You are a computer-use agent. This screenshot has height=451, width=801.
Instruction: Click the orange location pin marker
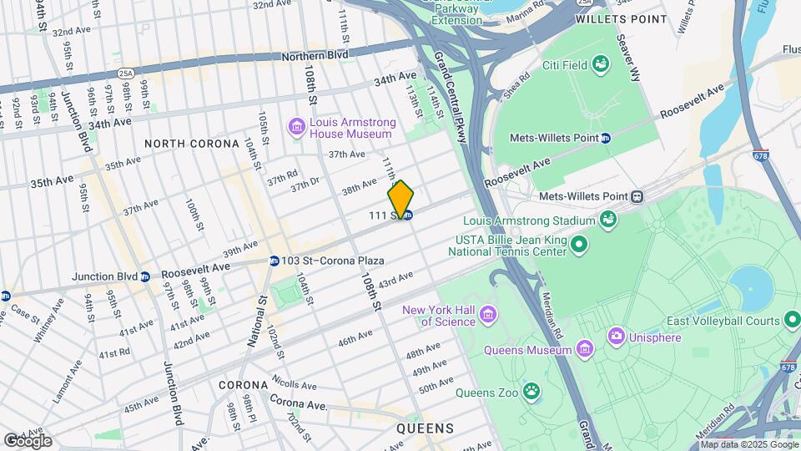click(x=400, y=199)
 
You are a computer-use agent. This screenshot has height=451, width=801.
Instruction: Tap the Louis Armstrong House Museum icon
click(x=296, y=127)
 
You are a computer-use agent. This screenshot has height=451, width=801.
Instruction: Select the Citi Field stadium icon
click(x=601, y=64)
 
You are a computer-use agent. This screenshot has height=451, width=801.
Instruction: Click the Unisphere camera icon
click(x=617, y=337)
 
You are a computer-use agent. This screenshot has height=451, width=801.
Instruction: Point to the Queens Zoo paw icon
click(x=531, y=391)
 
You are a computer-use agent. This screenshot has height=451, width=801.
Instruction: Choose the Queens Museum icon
click(x=584, y=347)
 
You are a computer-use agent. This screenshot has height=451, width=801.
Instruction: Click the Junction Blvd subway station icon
click(x=145, y=276)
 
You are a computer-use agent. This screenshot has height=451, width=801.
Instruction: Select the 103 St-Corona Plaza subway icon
click(x=274, y=261)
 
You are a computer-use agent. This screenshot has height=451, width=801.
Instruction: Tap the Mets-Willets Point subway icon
click(x=606, y=138)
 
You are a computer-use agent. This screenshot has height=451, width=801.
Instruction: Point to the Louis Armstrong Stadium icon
click(x=608, y=220)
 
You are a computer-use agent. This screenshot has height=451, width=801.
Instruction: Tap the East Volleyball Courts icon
click(x=791, y=321)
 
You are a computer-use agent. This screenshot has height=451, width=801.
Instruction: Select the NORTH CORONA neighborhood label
click(x=192, y=144)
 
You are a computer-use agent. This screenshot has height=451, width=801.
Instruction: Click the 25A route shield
click(x=125, y=73)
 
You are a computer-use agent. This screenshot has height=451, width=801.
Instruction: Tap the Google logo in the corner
click(x=28, y=440)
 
